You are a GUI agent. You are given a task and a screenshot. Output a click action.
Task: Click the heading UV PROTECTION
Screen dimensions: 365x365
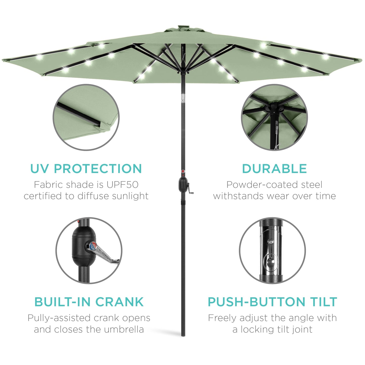click(x=86, y=169)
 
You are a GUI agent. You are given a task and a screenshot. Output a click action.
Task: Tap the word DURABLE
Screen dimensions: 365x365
click(x=274, y=169)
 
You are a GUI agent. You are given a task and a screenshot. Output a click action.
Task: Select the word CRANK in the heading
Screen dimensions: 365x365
click(x=119, y=302)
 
